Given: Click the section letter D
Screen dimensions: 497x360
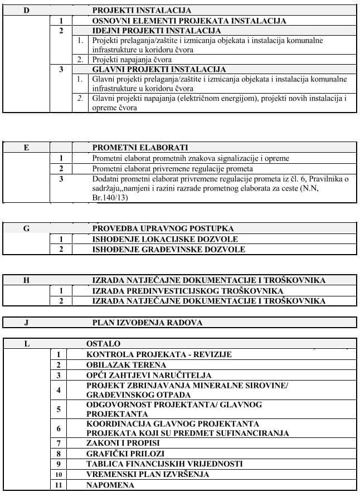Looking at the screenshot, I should coord(26,11).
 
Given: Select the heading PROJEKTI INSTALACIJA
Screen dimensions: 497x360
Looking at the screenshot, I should coord(142,11).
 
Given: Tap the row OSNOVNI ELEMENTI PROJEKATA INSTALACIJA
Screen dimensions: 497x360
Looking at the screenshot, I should coord(189,21).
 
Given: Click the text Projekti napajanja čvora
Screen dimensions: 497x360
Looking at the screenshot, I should coord(132,60).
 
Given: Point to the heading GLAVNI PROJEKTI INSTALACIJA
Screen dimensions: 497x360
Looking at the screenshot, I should coord(159,70).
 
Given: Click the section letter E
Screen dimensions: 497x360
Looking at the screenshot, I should coord(26,148).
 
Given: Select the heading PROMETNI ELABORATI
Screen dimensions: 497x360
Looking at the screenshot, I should coord(140,148).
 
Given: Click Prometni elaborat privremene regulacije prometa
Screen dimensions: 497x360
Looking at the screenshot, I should coord(173,168).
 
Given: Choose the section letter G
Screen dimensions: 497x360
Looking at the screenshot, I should coord(26,228).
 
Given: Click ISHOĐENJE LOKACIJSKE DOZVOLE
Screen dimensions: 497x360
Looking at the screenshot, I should coord(165,239).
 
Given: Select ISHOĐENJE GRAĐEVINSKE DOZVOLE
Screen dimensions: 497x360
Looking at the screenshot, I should coord(168,249).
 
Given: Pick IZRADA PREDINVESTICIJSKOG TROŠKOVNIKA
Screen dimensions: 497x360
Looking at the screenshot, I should coord(188,291).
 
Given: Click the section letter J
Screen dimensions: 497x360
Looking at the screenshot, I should coord(26,323).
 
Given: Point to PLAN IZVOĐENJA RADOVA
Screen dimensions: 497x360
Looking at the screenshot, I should coord(147,323).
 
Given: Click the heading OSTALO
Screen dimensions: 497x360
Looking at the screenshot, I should coord(103,344).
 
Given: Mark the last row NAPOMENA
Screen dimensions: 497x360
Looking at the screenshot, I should coord(110,485).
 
